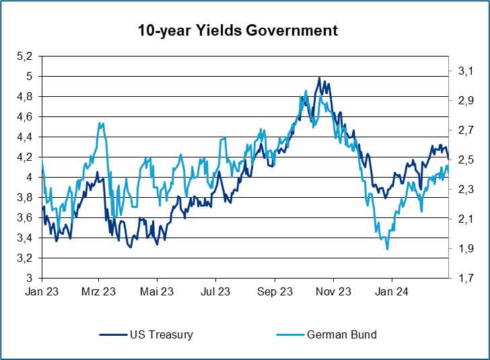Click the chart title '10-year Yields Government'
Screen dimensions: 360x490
238,31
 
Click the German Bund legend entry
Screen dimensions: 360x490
341,334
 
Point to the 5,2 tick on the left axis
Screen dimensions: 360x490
24,57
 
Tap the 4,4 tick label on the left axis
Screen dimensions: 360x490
24,137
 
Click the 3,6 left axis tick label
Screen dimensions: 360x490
24,217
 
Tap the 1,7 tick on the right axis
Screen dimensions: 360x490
466,278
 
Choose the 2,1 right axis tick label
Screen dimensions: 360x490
466,219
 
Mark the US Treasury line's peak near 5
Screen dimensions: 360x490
319,77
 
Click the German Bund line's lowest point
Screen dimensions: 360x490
387,249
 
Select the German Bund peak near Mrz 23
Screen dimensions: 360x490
101,123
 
